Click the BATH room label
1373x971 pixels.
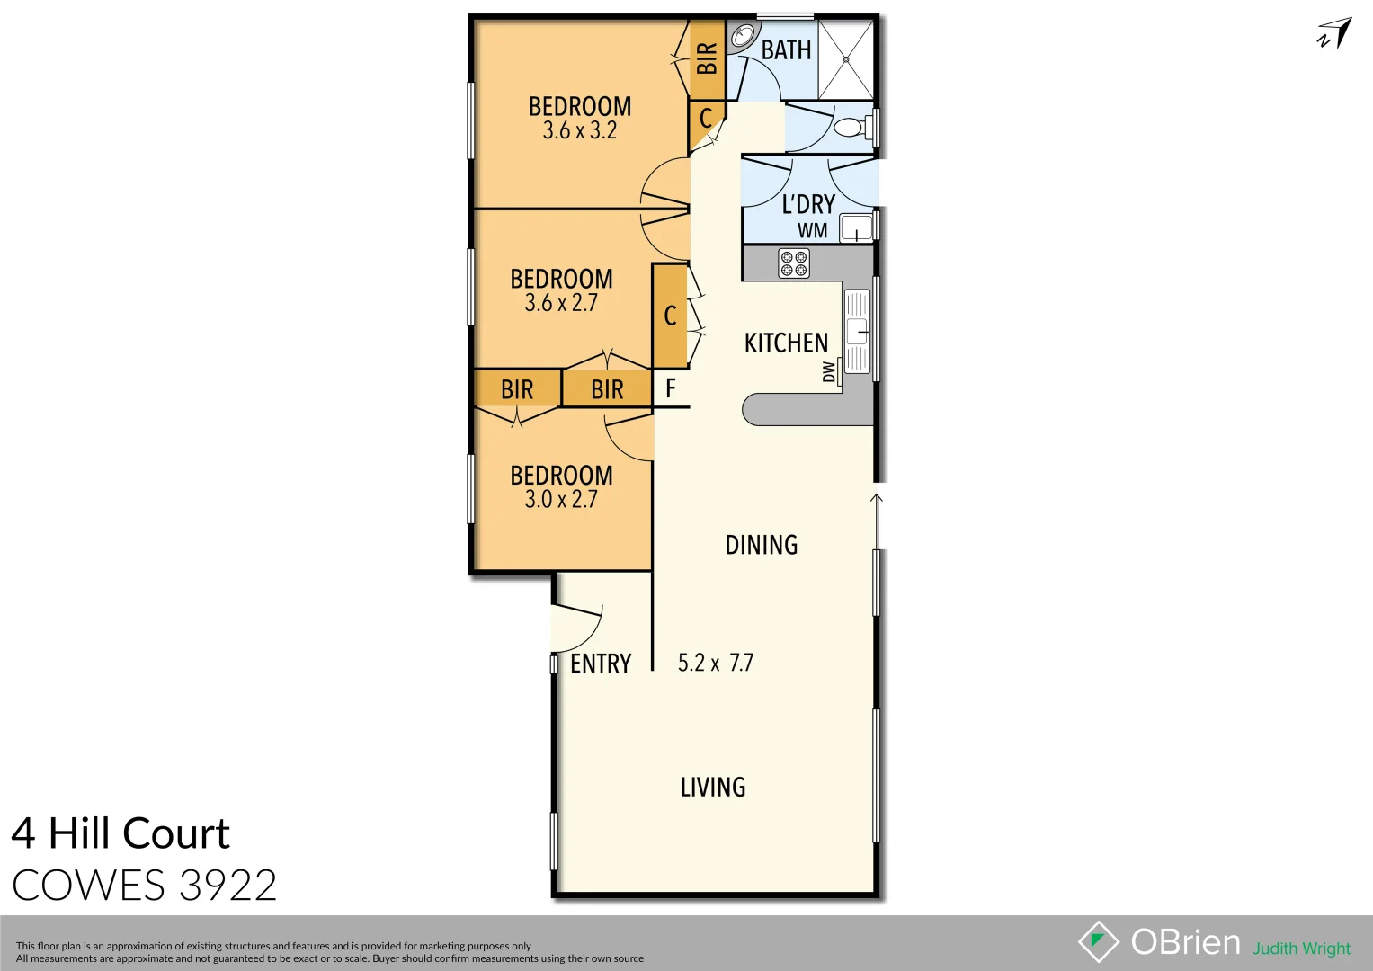pos(786,50)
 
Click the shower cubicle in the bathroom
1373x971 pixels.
pos(845,60)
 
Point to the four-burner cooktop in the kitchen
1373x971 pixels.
pos(793,263)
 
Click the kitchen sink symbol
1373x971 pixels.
pos(857,331)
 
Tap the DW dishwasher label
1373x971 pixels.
pos(829,371)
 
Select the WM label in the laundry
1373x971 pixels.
pos(812,231)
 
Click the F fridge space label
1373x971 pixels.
pos(670,388)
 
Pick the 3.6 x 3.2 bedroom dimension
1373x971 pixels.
pos(579,131)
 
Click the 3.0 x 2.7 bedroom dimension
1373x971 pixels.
pos(561,500)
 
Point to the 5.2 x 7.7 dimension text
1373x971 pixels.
pos(716,664)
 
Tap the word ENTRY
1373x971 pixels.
pos(601,664)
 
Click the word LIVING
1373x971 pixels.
pos(713,788)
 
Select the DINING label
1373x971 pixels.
pos(762,545)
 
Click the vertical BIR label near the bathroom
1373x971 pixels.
pos(707,58)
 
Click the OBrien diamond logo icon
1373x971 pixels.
pos(1098,941)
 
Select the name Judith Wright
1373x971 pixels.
pos(1301,949)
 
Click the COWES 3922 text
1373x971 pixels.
pos(144,886)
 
